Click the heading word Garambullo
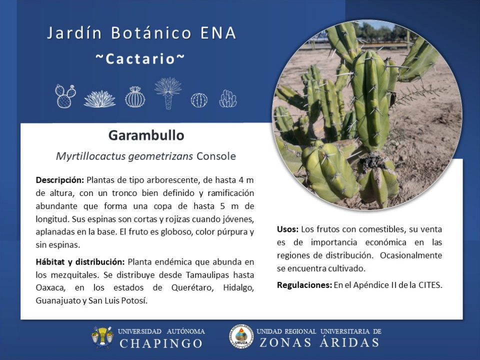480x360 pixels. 146,135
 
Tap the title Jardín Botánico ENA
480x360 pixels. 141,33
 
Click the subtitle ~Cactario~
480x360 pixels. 140,59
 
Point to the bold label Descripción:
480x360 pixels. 59,180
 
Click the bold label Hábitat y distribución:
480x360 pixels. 80,262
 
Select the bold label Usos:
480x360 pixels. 287,229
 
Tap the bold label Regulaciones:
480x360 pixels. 304,285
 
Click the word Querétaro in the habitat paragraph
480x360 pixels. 192,288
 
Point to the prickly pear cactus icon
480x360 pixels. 65,96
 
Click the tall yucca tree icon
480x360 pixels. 168,93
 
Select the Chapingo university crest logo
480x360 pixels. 102,337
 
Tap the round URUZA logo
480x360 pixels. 241,336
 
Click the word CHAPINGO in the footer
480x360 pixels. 161,343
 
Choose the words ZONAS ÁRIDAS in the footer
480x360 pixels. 319,342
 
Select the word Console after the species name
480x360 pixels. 216,156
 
